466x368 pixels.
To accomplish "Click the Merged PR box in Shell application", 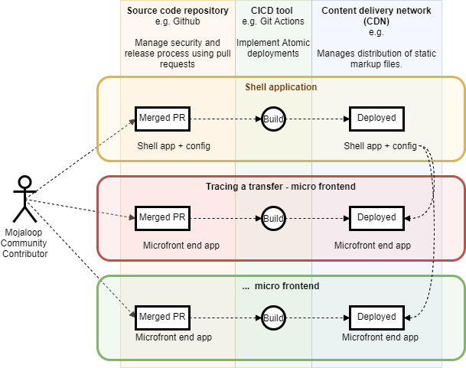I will [162, 119].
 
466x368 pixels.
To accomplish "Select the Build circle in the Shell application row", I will [273, 119].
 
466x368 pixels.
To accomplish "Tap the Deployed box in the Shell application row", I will [376, 119].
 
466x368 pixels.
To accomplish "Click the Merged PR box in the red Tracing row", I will [162, 218].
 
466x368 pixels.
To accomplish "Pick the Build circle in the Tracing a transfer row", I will [273, 219].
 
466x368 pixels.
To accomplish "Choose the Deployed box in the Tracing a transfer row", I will [376, 218].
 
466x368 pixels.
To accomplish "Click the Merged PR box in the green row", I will [162, 317].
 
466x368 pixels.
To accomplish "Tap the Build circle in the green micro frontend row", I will [273, 318].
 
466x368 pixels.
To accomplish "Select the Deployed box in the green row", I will [376, 317].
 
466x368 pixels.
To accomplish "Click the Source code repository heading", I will [177, 10].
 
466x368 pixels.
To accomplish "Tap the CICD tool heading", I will [272, 10].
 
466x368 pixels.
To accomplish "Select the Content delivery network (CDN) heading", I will [376, 15].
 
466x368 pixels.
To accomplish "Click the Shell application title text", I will [280, 87].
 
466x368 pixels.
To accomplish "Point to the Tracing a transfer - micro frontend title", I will [280, 187].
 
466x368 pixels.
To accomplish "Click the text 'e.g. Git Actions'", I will [272, 21].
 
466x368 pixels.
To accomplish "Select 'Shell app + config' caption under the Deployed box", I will [380, 146].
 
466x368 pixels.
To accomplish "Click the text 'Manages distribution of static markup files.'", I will [376, 59].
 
